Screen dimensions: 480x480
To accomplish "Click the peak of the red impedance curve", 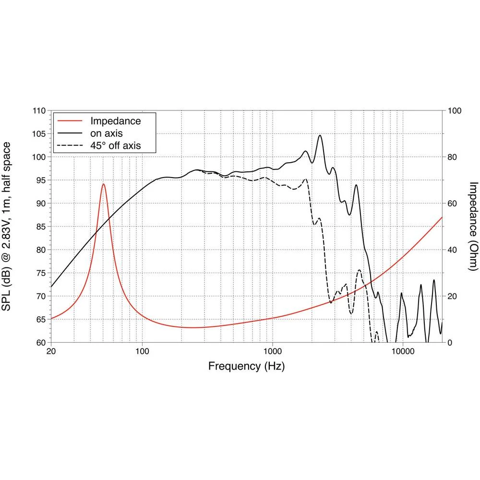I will [103, 184].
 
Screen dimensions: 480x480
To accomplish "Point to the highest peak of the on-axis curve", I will [320, 135].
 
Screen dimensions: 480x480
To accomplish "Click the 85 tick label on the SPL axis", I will [41, 227].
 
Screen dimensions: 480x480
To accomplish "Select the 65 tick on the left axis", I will [41, 319].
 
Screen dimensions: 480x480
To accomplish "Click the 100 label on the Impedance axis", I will [454, 111].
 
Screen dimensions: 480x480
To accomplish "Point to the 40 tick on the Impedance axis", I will [452, 250].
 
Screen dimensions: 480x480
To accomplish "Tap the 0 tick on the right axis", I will [450, 343].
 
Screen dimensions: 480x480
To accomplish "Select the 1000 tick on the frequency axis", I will [272, 352].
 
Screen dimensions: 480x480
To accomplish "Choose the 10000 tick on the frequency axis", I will [402, 352].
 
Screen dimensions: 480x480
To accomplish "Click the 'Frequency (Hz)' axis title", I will [246, 367].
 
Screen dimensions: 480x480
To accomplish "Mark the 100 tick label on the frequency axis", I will [142, 352].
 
